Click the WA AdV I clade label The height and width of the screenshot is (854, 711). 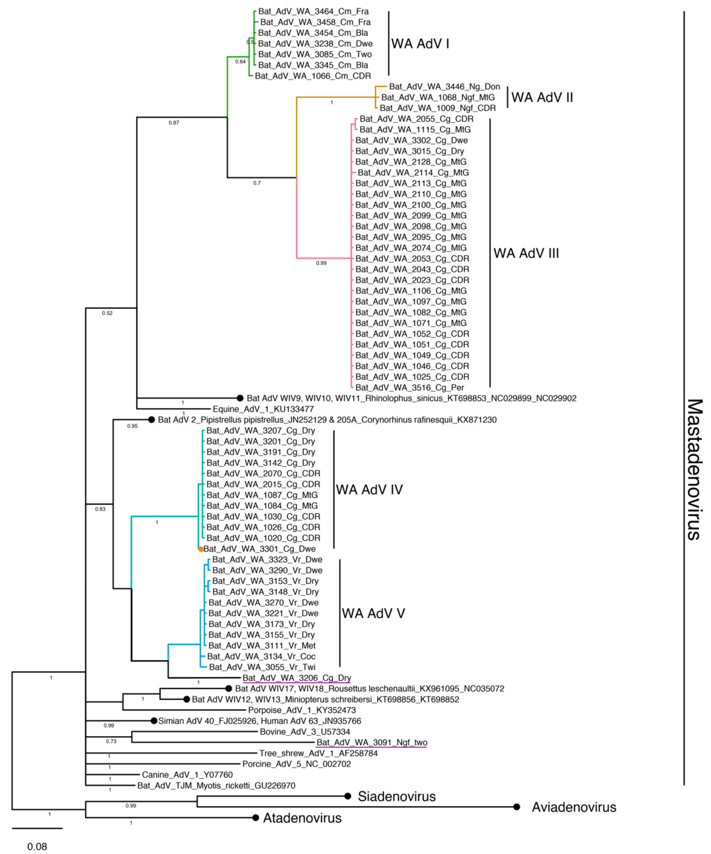click(x=420, y=43)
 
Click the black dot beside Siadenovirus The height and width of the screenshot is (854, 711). click(x=348, y=796)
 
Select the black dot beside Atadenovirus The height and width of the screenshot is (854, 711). click(x=255, y=817)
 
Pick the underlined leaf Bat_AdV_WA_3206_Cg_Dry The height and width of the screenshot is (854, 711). click(x=297, y=678)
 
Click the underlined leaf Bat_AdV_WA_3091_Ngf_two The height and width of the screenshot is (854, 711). click(x=371, y=742)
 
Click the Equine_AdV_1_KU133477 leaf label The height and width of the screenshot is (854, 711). click(x=263, y=409)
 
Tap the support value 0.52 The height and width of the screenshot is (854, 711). click(x=107, y=313)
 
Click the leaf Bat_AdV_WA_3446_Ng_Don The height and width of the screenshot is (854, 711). click(x=444, y=87)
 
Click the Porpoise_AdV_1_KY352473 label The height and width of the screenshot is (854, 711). click(x=302, y=710)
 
